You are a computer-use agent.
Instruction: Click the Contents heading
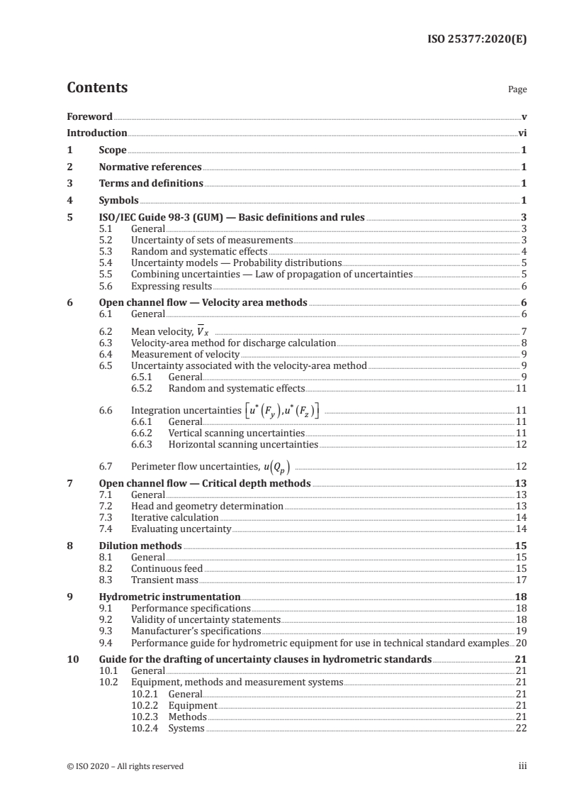97,88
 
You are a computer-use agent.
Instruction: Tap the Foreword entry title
89,116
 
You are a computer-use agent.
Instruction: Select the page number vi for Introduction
522,133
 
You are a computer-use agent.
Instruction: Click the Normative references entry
150,167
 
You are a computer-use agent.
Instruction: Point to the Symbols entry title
118,200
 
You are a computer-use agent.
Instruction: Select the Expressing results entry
171,286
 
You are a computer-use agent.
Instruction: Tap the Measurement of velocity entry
186,354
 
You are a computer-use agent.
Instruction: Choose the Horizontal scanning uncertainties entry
243,445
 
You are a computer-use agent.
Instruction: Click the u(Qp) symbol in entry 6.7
275,466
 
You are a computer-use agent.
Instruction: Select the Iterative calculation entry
175,518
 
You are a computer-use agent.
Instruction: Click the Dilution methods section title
140,546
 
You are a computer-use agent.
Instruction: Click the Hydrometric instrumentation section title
169,597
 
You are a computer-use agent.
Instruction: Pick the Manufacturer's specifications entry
196,631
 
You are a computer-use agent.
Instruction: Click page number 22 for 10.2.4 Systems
520,729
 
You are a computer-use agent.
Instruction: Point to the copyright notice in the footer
125,766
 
